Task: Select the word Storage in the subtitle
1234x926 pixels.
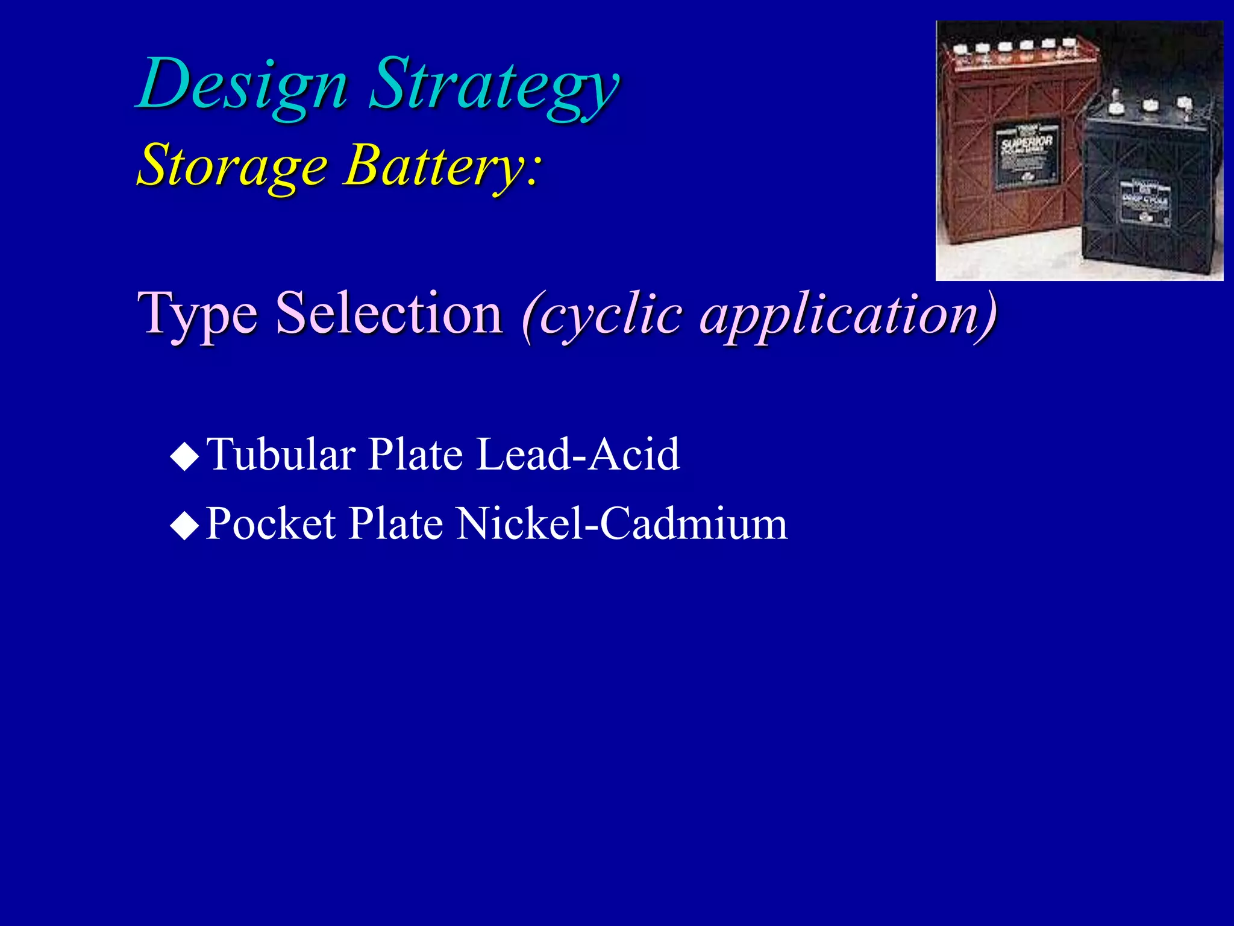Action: (233, 165)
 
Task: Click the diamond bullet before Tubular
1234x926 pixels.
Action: (184, 456)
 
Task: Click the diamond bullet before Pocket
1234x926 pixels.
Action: (184, 525)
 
